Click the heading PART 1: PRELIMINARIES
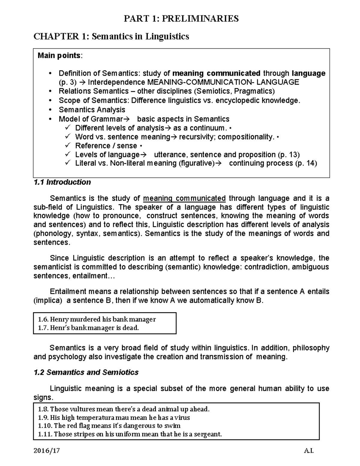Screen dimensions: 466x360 181,19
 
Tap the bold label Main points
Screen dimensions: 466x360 59,56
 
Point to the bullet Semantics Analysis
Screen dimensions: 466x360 92,110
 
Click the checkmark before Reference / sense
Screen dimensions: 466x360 67,146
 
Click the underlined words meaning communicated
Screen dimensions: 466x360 184,198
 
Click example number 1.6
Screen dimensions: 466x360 43,319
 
